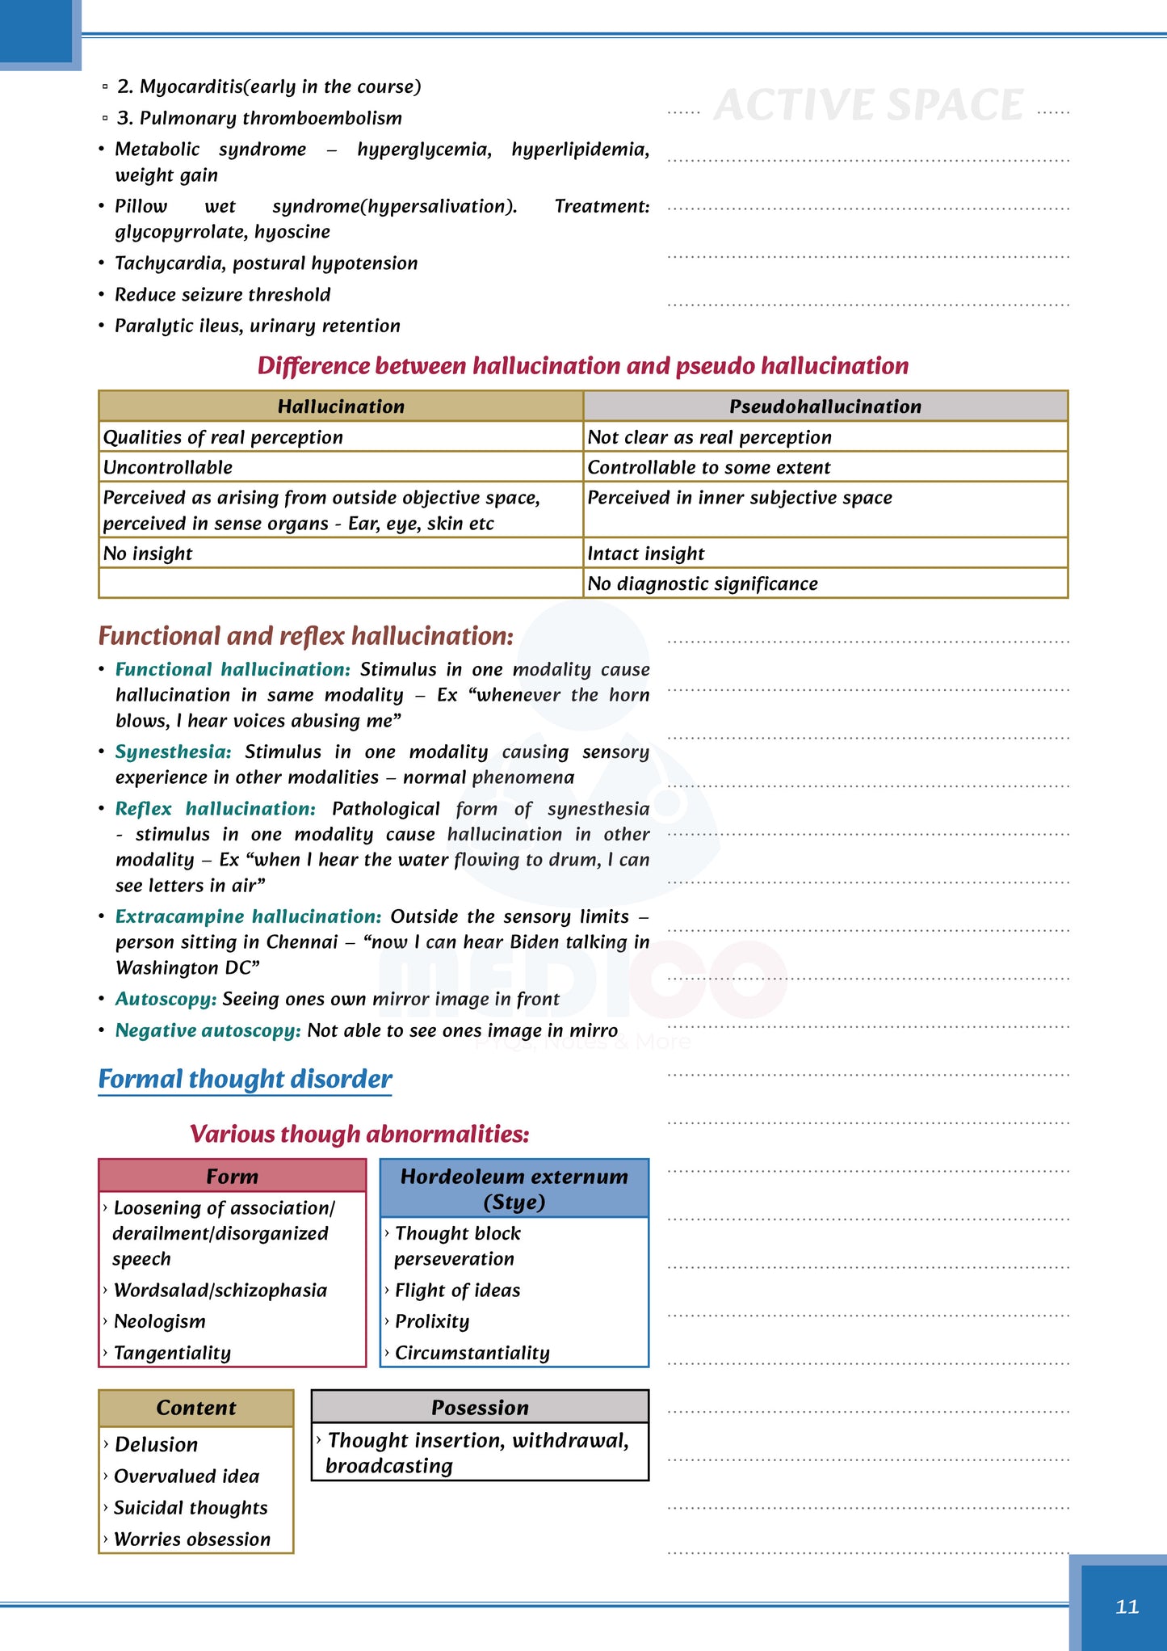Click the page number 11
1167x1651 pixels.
coord(1127,1607)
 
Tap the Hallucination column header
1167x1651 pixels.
coord(341,406)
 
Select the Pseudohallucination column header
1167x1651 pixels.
coord(825,406)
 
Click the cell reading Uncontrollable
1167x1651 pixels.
coord(168,467)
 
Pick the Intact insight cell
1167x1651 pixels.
coord(646,554)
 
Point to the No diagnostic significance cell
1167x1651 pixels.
coord(703,583)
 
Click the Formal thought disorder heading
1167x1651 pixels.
coord(245,1079)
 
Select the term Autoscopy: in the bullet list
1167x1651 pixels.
coord(166,999)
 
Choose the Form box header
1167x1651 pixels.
coord(232,1177)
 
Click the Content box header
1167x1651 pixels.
coord(196,1408)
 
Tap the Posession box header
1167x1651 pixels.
coord(480,1408)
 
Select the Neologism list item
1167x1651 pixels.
coord(160,1321)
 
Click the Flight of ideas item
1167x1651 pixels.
coord(457,1291)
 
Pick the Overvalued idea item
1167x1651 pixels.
coord(187,1476)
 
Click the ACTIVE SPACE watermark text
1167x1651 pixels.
coord(868,105)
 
